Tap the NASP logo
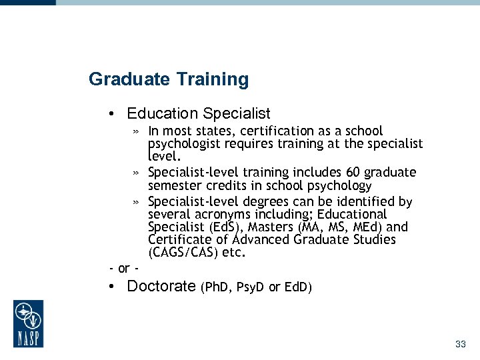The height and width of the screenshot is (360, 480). pyautogui.click(x=28, y=323)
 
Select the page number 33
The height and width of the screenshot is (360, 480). pyautogui.click(x=460, y=344)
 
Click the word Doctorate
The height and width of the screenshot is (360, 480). pyautogui.click(x=161, y=287)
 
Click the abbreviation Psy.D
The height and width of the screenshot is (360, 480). pyautogui.click(x=250, y=287)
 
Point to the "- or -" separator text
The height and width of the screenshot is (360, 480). pyautogui.click(x=123, y=268)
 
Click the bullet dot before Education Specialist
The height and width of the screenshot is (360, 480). pyautogui.click(x=115, y=114)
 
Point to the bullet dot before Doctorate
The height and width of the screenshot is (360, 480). pyautogui.click(x=115, y=287)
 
